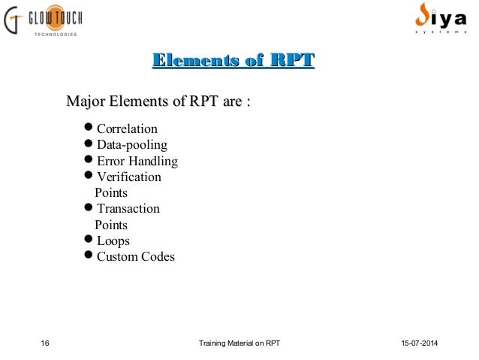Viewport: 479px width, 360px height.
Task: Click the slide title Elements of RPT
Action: (233, 61)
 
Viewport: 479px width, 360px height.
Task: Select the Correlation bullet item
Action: (127, 129)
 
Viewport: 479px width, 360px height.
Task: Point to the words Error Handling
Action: (137, 162)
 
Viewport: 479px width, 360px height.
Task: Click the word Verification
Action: (128, 178)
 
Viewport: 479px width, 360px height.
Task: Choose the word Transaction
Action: (127, 209)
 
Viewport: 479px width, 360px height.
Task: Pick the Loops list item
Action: (112, 241)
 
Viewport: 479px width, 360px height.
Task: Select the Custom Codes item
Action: (134, 257)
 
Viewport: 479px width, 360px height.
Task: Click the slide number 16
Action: (44, 344)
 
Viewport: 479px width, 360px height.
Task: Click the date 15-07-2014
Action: (417, 344)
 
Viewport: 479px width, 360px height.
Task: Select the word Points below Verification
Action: (111, 193)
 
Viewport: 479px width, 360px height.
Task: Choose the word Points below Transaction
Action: (111, 225)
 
